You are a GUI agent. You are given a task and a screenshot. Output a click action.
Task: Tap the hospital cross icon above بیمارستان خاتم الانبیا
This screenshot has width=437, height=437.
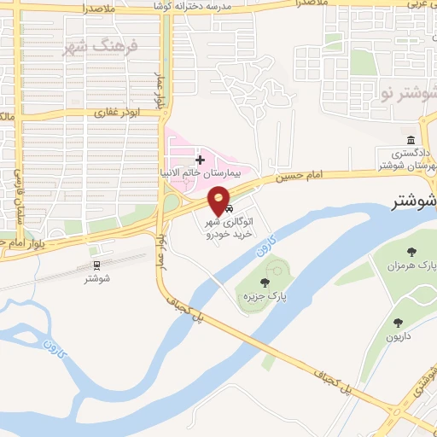coord(200,160)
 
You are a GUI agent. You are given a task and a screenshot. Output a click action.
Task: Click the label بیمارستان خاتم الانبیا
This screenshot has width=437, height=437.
coord(204,172)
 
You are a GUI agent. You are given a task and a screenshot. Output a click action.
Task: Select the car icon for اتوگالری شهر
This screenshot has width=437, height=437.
coord(229,208)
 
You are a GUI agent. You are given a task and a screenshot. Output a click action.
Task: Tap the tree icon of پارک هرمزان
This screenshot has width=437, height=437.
coord(411,251)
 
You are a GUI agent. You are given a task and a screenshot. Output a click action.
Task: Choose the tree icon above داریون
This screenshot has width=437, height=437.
coord(398,322)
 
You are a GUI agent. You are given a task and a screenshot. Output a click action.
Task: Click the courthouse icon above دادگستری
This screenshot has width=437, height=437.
coord(411,139)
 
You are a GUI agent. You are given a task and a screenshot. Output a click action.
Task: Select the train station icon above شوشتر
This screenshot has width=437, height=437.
coord(96,265)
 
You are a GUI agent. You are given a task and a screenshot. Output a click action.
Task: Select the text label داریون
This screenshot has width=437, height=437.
coord(398,336)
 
